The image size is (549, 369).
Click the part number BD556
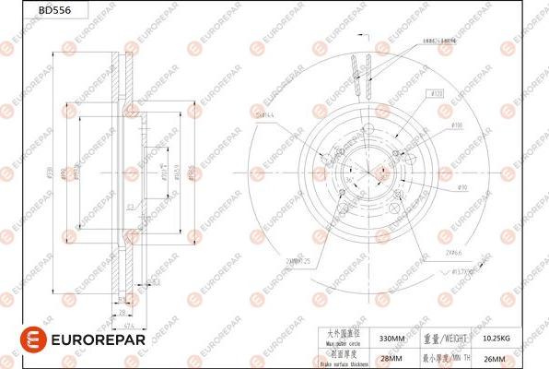tap(25, 10)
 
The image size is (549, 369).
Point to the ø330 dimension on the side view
tap(62, 173)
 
